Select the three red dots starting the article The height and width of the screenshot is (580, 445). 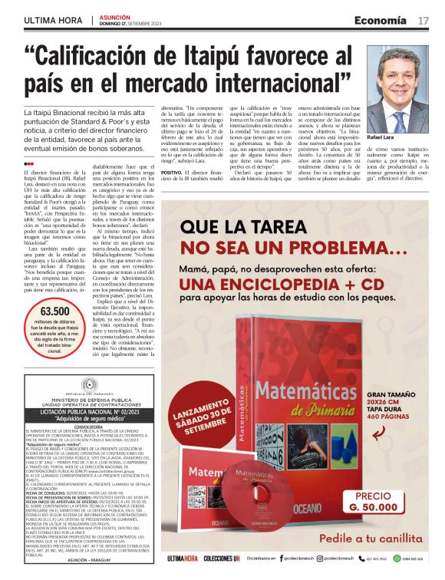[28, 163]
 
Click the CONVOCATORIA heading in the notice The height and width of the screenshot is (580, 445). [82, 428]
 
